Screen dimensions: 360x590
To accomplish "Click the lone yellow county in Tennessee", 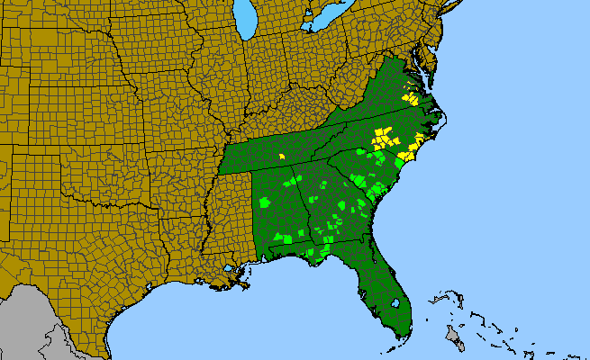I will (x=282, y=156).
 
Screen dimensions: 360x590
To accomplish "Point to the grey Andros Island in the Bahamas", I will (x=451, y=337).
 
